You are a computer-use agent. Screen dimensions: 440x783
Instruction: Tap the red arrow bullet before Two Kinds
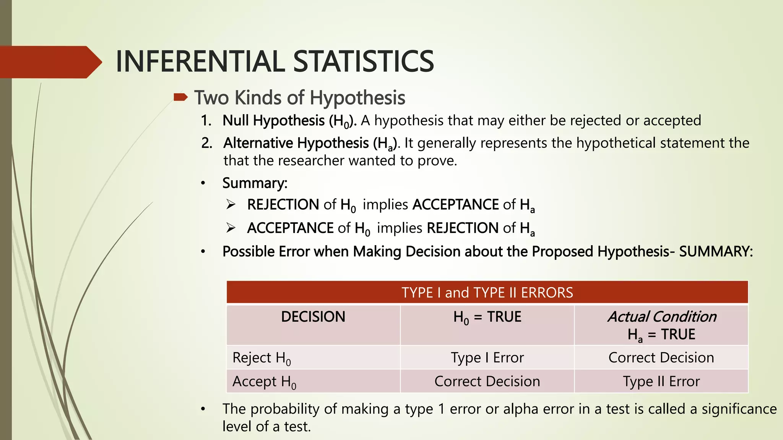click(x=180, y=97)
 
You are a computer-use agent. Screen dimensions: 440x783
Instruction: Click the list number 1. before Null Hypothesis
click(x=206, y=121)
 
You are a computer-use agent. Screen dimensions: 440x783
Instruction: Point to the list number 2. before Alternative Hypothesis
click(x=206, y=143)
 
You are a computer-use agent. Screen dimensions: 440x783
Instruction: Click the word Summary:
click(x=255, y=183)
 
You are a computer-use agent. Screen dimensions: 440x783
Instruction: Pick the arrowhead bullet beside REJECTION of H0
click(x=231, y=205)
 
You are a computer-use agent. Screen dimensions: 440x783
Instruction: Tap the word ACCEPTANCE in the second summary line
click(x=290, y=228)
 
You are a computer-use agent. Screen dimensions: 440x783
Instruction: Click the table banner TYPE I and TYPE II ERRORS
click(x=487, y=293)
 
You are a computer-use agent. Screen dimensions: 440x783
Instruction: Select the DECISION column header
click(x=313, y=317)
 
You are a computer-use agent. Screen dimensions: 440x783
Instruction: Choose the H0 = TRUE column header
click(x=487, y=317)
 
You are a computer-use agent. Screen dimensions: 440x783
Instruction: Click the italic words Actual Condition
click(x=662, y=317)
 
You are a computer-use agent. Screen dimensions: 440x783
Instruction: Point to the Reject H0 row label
click(x=262, y=358)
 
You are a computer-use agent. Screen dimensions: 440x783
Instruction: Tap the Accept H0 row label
click(x=264, y=382)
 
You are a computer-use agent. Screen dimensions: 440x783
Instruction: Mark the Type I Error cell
click(x=487, y=358)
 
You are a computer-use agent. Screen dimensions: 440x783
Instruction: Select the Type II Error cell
click(x=661, y=382)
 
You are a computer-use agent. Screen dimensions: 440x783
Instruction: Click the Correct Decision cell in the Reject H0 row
click(x=661, y=358)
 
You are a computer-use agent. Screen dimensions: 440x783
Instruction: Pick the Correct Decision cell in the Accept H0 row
click(x=487, y=382)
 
